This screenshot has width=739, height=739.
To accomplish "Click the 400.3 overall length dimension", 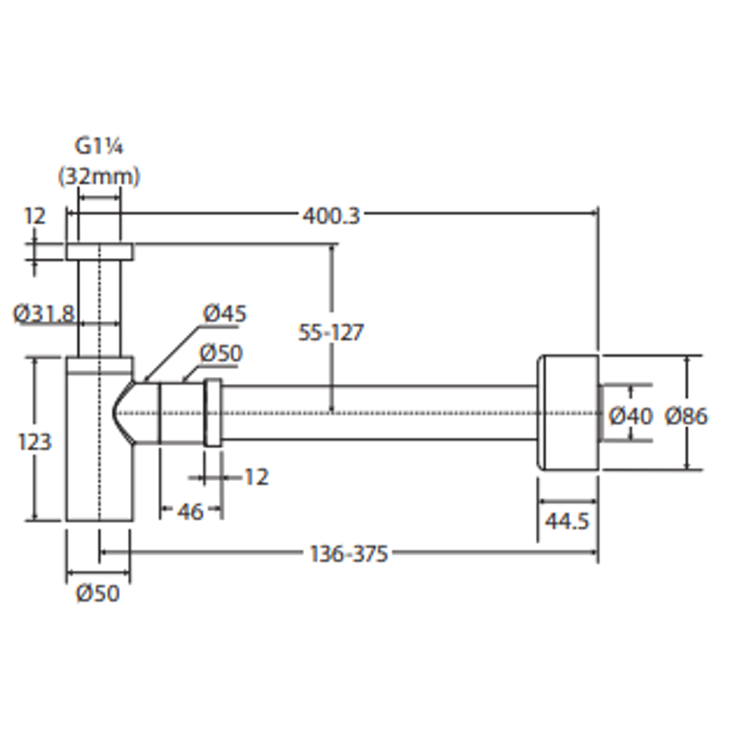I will click(330, 216).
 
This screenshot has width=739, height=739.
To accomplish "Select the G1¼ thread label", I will click(99, 147).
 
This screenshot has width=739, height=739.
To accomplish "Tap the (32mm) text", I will click(99, 177).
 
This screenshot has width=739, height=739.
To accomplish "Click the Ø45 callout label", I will click(224, 314).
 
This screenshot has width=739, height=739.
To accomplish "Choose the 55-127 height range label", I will click(331, 333).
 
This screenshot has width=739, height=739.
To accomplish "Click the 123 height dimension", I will click(34, 441).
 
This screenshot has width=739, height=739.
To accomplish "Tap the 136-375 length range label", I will click(348, 553).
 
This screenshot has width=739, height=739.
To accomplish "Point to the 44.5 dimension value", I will click(567, 521).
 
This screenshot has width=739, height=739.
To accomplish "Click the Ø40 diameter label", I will click(630, 415).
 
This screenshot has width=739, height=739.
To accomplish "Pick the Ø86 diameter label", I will click(686, 415).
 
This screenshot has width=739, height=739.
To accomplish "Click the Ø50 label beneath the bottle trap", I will click(97, 593).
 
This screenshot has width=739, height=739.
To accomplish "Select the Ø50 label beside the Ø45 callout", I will click(220, 354).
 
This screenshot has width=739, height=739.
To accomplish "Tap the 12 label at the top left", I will click(34, 216).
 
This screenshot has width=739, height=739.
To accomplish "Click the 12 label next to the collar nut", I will click(256, 477).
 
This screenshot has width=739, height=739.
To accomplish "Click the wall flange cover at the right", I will click(568, 413).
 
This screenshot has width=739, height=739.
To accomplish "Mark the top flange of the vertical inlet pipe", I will click(100, 252).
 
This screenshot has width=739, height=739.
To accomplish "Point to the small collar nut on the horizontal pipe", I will click(213, 413).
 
